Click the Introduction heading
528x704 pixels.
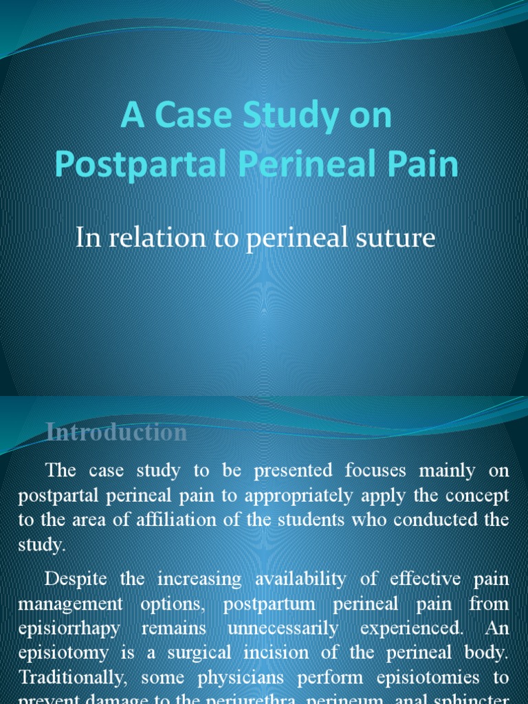pyautogui.click(x=116, y=432)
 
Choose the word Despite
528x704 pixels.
pyautogui.click(x=77, y=579)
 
